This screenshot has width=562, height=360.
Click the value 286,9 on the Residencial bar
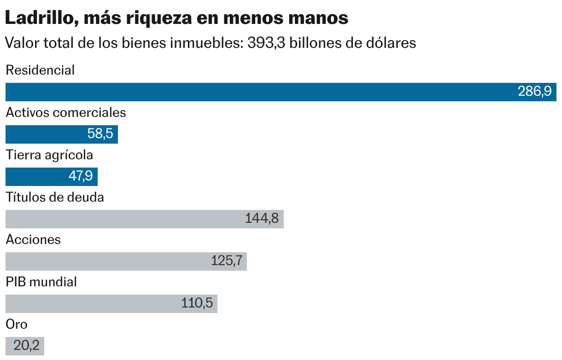[x=534, y=92]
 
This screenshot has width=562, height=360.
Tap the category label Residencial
[x=40, y=70]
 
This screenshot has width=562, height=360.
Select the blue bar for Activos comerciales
[x=46, y=134]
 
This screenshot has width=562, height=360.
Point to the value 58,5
[x=100, y=134]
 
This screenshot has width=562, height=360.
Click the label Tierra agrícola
[x=49, y=155]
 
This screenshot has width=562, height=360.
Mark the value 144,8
[x=262, y=219]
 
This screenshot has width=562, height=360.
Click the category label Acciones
[x=33, y=239]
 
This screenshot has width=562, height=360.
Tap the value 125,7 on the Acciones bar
[x=227, y=261]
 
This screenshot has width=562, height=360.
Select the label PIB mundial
[x=41, y=282]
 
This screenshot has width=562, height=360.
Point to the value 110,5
[x=197, y=303]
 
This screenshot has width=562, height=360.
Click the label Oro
[x=17, y=324]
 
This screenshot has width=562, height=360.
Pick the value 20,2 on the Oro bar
[x=26, y=346]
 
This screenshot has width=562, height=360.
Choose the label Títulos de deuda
[x=55, y=197]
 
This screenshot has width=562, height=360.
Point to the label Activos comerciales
[x=66, y=113]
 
